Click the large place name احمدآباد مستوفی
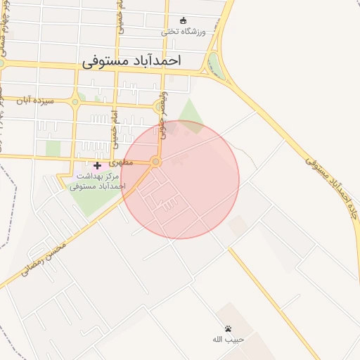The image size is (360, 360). tap(131, 61)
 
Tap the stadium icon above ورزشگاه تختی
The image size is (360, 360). tap(184, 20)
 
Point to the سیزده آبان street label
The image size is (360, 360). tap(35, 101)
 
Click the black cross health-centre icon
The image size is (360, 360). tap(97, 165)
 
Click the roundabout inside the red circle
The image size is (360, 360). tap(156, 162)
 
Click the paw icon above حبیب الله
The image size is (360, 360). tap(229, 328)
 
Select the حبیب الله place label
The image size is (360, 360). tap(228, 339)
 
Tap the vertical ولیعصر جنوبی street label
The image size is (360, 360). tap(163, 115)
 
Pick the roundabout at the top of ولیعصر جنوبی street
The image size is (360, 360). tap(159, 106)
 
